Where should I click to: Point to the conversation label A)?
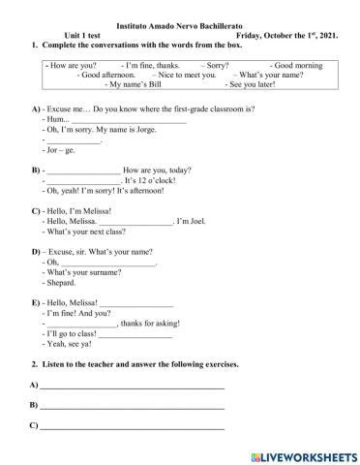tap(36, 109)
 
